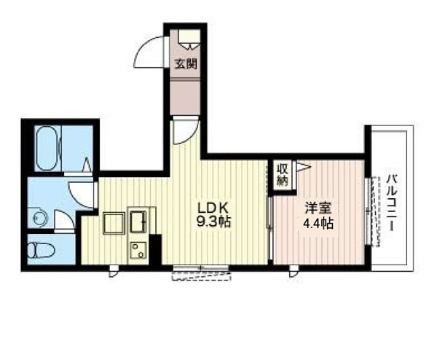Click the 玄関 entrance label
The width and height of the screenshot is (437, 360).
[x=186, y=64]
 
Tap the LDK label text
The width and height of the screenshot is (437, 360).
[x=213, y=208]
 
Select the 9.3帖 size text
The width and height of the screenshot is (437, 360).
[x=213, y=222]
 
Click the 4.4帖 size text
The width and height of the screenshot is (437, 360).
[x=318, y=223]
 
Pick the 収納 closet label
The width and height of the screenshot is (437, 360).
[x=283, y=175]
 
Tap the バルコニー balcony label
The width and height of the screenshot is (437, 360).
[x=392, y=203]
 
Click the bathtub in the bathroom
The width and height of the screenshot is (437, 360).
[x=47, y=149]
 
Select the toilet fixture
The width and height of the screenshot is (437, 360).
[x=41, y=250]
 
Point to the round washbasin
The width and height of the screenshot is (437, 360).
[x=39, y=218]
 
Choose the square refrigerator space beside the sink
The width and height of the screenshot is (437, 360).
[x=114, y=223]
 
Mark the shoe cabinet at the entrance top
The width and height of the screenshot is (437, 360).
[x=189, y=40]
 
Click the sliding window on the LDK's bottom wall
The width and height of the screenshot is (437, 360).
[x=201, y=273]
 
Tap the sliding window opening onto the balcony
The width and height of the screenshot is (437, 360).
[x=372, y=211]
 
